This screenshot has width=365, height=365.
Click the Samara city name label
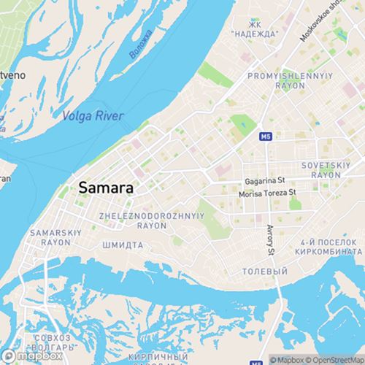105,188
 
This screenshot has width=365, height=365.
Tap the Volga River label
93,116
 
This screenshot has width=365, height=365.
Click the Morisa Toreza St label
267,193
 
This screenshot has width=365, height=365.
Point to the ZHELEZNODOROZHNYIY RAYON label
151,220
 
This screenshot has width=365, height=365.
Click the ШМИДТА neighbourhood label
122,245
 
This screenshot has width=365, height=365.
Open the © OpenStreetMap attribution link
336,359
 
